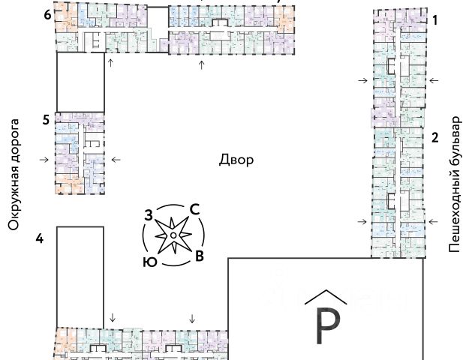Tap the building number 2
coord(434,137)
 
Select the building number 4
coord(39,238)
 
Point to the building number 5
coord(46,119)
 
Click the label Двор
coord(236,160)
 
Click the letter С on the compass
coord(194,210)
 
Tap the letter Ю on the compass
coord(149,262)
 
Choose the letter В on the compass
coord(199,257)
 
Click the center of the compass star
coord(173,236)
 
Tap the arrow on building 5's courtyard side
coord(115,159)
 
